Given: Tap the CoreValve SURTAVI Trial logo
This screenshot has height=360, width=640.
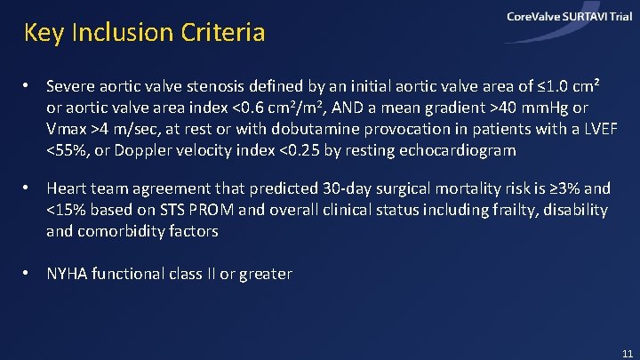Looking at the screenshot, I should coord(569,17).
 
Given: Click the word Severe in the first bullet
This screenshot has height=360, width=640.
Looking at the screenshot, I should coord(70,87).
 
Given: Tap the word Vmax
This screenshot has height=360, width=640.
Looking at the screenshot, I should coord(67,129).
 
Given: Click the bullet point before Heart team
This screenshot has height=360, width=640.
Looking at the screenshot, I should coord(28,188).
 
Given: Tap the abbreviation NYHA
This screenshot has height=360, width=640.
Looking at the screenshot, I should coord(68,274).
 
